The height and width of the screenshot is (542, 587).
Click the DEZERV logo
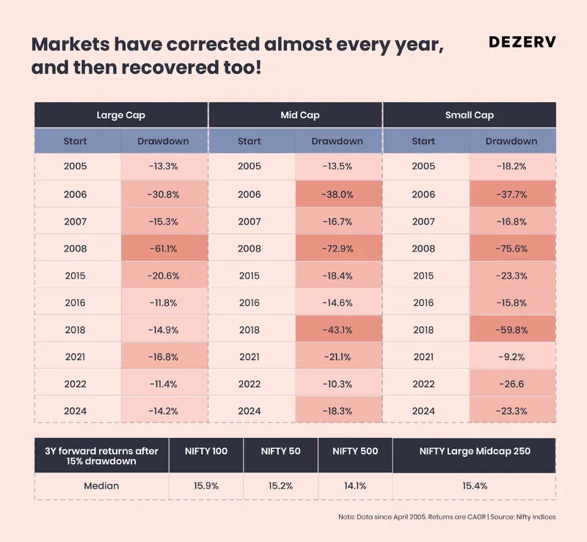pyautogui.click(x=522, y=42)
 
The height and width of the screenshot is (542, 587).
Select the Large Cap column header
pyautogui.click(x=121, y=115)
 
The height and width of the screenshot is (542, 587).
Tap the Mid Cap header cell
pyautogui.click(x=295, y=115)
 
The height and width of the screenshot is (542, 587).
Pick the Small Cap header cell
pyautogui.click(x=469, y=115)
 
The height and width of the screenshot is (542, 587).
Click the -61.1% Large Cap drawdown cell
pyautogui.click(x=164, y=249)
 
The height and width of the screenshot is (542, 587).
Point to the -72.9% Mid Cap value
pyautogui.click(x=338, y=249)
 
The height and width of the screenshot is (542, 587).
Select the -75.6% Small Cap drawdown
pyautogui.click(x=511, y=249)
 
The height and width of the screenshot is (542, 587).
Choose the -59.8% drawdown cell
pyautogui.click(x=511, y=330)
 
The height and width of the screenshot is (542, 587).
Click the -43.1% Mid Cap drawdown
pyautogui.click(x=338, y=330)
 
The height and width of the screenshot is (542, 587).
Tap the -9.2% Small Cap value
pyautogui.click(x=511, y=357)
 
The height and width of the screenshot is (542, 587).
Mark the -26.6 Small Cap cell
pyautogui.click(x=511, y=384)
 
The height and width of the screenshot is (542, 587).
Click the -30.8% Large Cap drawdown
pyautogui.click(x=164, y=194)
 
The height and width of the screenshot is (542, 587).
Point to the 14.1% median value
pyautogui.click(x=355, y=486)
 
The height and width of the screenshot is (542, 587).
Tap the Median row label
pyautogui.click(x=101, y=486)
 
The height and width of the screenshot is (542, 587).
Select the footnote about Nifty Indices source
pyautogui.click(x=447, y=517)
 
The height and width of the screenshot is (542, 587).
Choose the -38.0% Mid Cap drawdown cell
pyautogui.click(x=338, y=194)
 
